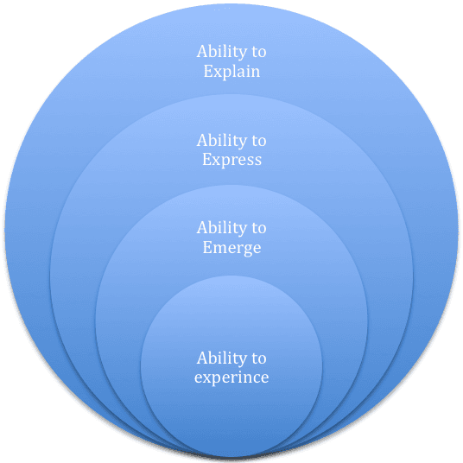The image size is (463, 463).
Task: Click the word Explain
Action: [231, 72]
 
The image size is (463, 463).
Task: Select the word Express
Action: [231, 160]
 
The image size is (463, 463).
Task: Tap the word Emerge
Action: [231, 248]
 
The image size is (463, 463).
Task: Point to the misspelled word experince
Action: [231, 378]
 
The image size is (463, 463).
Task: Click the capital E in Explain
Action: [208, 72]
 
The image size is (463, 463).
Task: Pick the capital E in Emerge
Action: [207, 248]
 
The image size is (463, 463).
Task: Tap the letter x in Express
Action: [217, 160]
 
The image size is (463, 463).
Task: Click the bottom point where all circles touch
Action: [231, 456]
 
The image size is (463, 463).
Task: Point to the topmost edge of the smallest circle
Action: [231, 276]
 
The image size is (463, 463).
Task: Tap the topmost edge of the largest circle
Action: [231, 4]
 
